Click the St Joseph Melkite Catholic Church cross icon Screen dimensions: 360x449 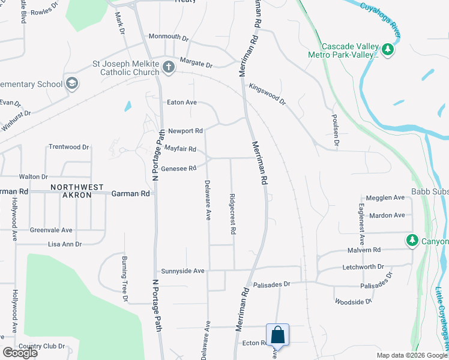[169, 67]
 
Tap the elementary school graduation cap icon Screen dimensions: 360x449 [73, 83]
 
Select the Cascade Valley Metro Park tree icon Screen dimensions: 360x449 [388, 50]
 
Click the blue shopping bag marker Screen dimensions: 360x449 [277, 334]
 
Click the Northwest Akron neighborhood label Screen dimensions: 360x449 [77, 187]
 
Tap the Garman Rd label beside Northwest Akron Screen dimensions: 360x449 [130, 194]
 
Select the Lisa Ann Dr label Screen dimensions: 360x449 [65, 244]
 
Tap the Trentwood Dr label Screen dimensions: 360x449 [68, 146]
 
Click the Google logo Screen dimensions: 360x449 [20, 353]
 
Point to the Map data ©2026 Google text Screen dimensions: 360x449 [411, 355]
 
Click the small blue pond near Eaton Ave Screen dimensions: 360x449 [128, 106]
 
